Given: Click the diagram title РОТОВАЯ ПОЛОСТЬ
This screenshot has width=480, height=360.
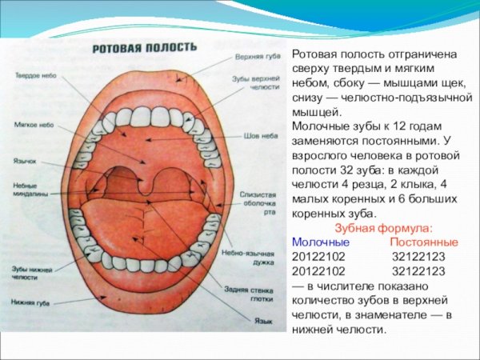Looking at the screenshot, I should pyautogui.click(x=144, y=48).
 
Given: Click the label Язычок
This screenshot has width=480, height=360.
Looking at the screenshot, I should pyautogui.click(x=25, y=160).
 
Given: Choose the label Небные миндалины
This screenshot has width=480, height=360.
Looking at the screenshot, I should pyautogui.click(x=30, y=190).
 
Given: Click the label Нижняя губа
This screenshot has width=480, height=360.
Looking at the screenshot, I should pyautogui.click(x=30, y=302).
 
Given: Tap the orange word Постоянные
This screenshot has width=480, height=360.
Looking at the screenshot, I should pyautogui.click(x=424, y=242).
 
